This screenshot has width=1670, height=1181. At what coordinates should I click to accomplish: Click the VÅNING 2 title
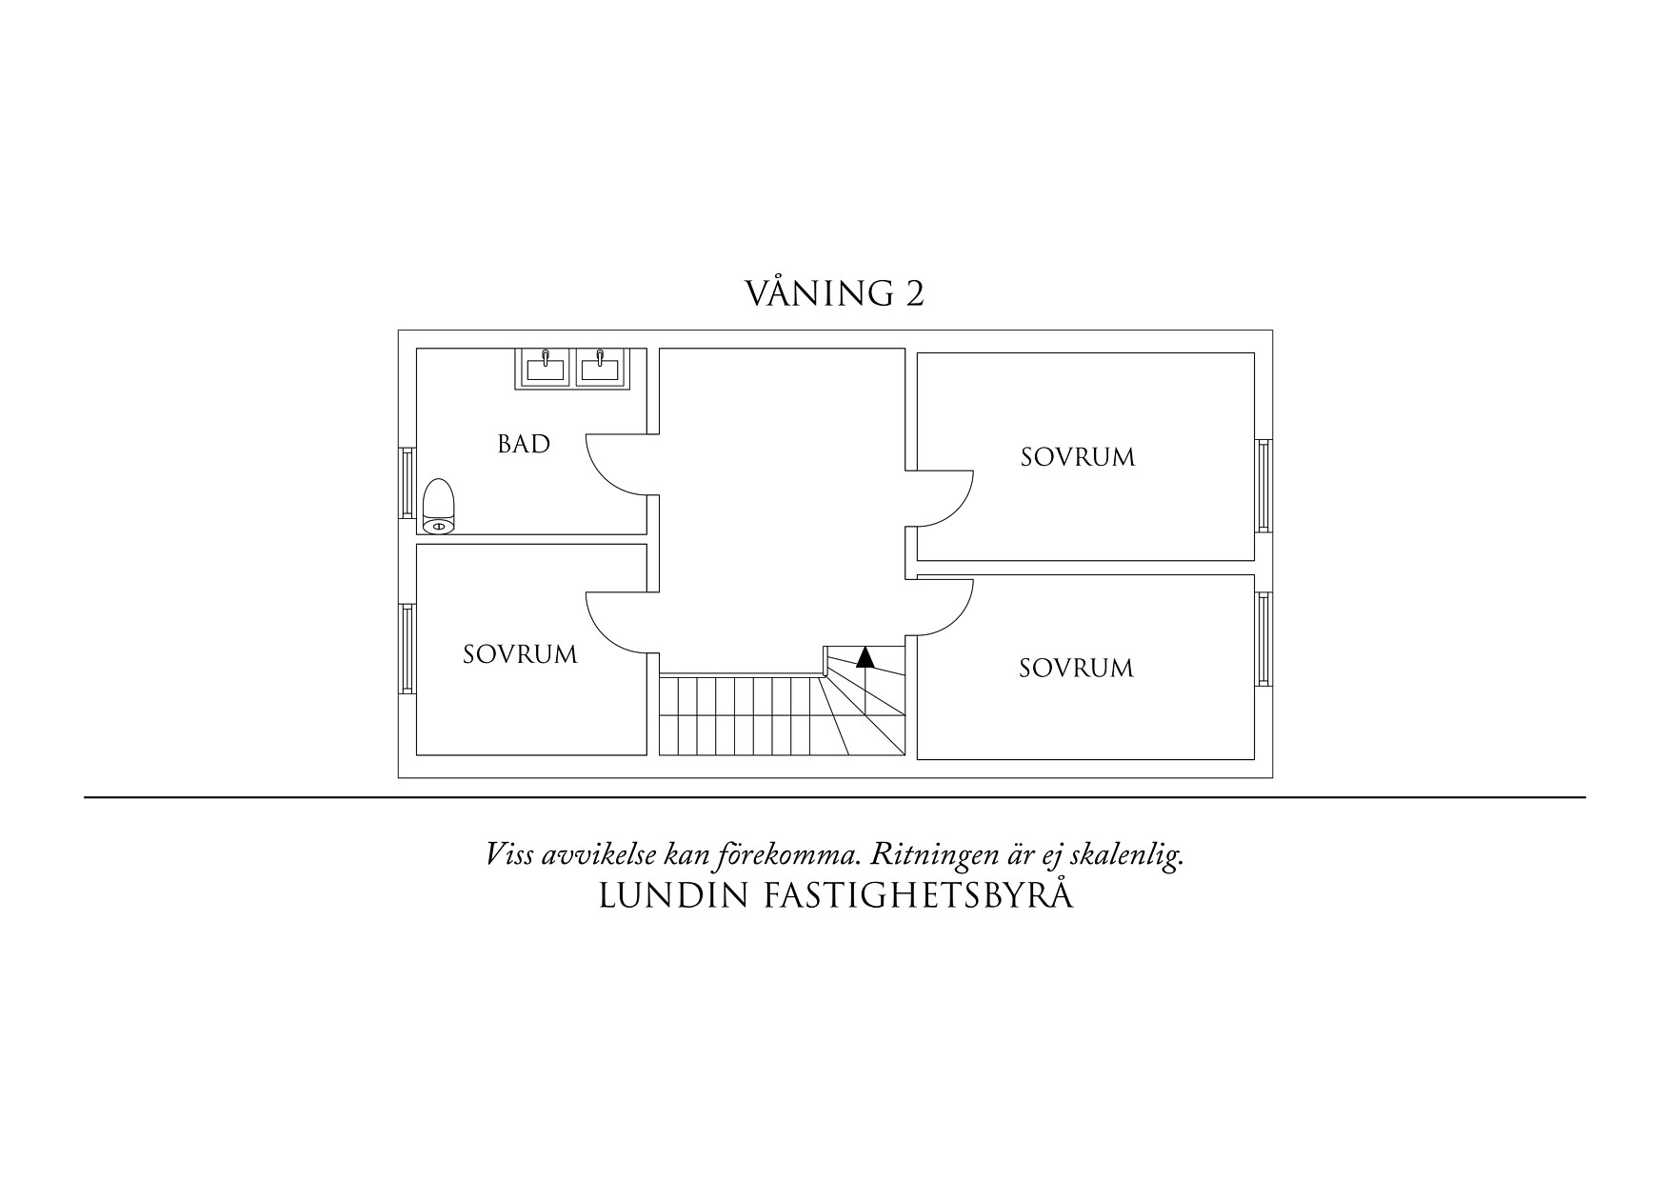834,293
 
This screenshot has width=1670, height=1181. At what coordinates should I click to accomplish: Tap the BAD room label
524,444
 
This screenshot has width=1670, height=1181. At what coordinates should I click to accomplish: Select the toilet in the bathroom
438,505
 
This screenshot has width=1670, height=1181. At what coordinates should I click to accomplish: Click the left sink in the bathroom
545,369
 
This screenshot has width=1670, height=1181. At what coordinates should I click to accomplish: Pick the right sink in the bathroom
600,369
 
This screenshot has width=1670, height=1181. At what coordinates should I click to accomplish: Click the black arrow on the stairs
865,657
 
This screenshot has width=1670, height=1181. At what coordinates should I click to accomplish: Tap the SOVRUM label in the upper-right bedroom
1078,457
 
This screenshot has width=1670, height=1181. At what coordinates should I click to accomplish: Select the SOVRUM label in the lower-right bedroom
1076,669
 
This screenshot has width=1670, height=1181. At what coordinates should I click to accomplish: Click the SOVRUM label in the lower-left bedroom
520,655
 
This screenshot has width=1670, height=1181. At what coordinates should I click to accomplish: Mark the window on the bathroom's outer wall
407,484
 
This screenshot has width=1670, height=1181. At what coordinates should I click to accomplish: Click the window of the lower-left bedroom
407,649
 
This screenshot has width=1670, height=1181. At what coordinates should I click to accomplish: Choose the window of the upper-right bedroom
1263,485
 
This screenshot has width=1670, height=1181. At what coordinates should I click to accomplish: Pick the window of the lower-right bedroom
1263,639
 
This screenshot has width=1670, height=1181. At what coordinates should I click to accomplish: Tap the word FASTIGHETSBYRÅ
919,896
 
